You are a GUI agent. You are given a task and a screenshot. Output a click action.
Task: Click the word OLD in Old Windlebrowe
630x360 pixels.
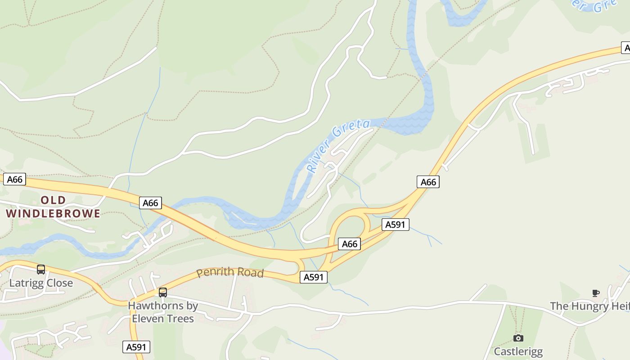tap(54, 200)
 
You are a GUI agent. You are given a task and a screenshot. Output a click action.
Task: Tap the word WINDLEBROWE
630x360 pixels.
tap(54, 213)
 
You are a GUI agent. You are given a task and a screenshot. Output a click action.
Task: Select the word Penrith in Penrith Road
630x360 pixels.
tap(216, 272)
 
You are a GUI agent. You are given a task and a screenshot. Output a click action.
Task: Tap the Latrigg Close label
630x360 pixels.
tap(41, 283)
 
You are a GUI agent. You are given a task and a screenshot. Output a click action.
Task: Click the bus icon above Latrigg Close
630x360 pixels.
tap(41, 270)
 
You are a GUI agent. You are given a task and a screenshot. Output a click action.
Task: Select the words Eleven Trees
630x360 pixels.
tap(163, 319)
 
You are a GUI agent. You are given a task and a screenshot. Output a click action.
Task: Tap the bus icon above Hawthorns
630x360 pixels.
tap(163, 292)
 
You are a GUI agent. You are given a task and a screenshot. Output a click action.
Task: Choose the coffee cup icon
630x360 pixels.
tap(596, 293)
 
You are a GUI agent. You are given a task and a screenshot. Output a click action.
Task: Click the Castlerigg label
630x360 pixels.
tap(518, 351)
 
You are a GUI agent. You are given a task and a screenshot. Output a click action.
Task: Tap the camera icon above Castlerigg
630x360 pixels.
tap(518, 338)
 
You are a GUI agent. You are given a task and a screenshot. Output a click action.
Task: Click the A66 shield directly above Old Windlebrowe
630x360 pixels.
tap(14, 180)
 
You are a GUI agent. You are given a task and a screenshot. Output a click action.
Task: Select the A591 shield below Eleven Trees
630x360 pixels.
tap(136, 347)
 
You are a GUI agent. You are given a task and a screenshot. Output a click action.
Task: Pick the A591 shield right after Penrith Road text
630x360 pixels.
tap(314, 277)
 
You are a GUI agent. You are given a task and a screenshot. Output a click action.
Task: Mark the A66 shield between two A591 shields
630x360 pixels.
tap(350, 244)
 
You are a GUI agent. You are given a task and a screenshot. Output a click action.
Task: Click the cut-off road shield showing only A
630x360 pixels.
tap(625, 48)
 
